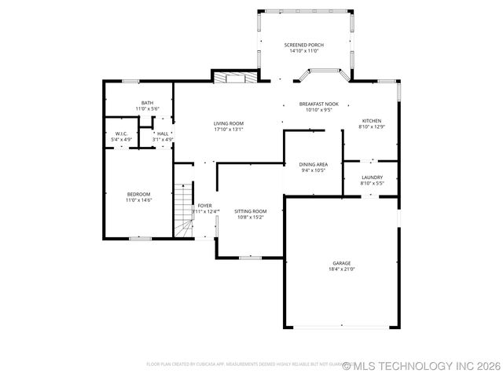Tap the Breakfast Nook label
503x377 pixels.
point(318,104)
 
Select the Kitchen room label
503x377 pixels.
point(371,121)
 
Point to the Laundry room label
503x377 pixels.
point(372,178)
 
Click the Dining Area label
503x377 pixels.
point(313,164)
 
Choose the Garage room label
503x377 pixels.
point(341,263)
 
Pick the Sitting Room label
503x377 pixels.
point(251,210)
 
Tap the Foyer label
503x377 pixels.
point(204,205)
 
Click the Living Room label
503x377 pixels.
point(229,123)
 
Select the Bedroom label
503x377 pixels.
point(138,194)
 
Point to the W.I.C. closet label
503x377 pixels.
point(121,134)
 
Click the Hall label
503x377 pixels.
point(162,134)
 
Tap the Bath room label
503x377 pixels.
point(147,103)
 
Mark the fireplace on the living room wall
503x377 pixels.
point(233,77)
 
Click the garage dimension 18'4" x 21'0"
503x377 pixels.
point(341,269)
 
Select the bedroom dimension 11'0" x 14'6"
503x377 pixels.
point(138,200)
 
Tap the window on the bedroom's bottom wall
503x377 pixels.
point(140,238)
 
